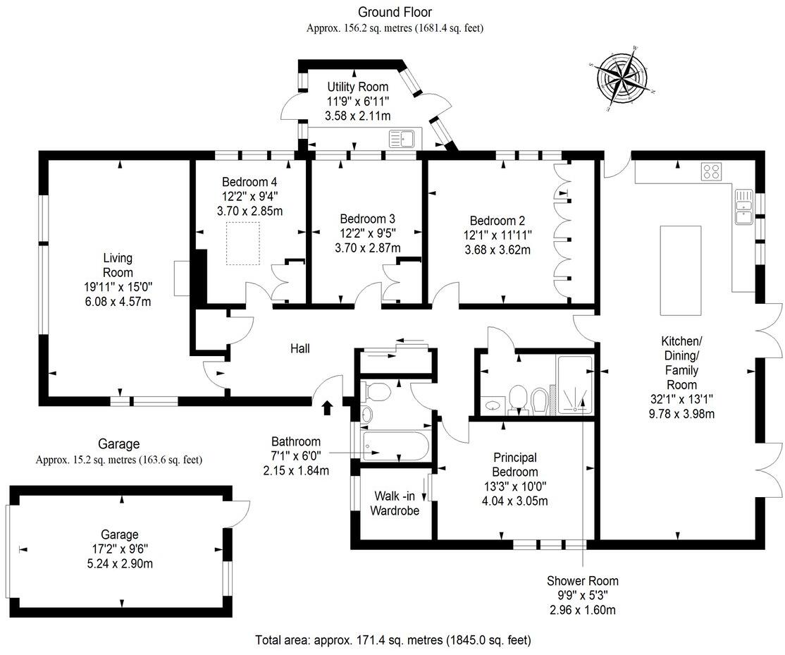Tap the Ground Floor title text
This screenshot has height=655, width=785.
point(395,12)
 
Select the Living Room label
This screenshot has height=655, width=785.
point(117,265)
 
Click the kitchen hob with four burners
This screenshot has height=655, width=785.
point(711,171)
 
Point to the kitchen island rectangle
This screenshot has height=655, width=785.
point(680,271)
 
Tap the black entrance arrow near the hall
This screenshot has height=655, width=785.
point(327,408)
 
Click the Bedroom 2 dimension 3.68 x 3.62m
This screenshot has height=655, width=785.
point(497,249)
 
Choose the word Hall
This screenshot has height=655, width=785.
point(299,348)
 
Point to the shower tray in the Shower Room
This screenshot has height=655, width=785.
point(576,384)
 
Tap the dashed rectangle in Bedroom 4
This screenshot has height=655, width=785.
point(244,243)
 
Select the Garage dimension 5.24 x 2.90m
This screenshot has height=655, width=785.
point(118,563)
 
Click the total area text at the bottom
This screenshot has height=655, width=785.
point(392,640)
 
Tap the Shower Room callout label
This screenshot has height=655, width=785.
point(582,581)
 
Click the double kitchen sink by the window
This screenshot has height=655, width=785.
point(744,206)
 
